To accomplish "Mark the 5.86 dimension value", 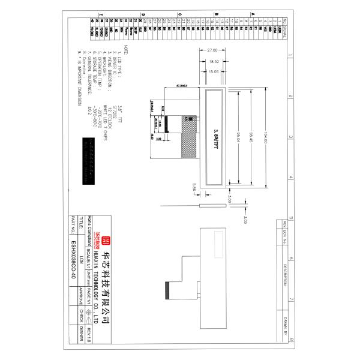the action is (x=194, y=188).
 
